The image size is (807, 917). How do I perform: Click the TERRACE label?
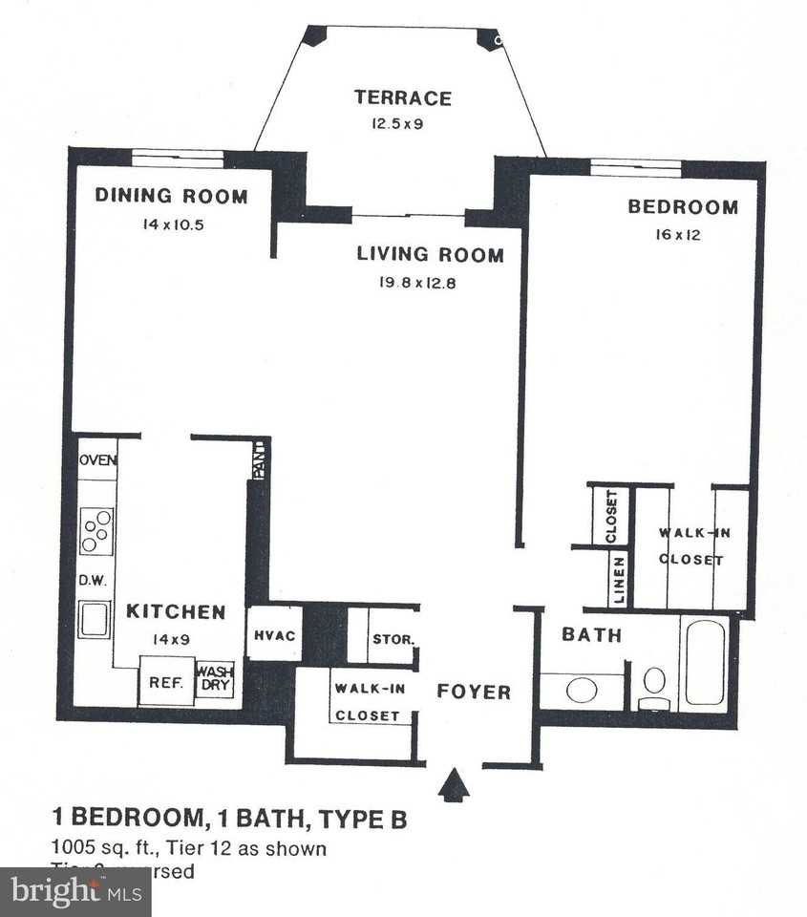402,97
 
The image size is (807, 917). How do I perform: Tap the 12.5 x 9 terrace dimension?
397,123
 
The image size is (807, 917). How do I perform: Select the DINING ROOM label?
171,197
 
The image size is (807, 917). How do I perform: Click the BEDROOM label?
682,207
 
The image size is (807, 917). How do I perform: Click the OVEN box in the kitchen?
97,460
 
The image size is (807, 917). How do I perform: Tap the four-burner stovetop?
96,531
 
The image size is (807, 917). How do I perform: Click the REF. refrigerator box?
159,683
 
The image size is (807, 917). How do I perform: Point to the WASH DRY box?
215,679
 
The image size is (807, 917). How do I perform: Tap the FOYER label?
474,692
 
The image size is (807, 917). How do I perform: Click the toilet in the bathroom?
654,686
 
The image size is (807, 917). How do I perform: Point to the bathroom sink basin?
582,689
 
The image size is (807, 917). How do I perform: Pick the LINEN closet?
619,581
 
